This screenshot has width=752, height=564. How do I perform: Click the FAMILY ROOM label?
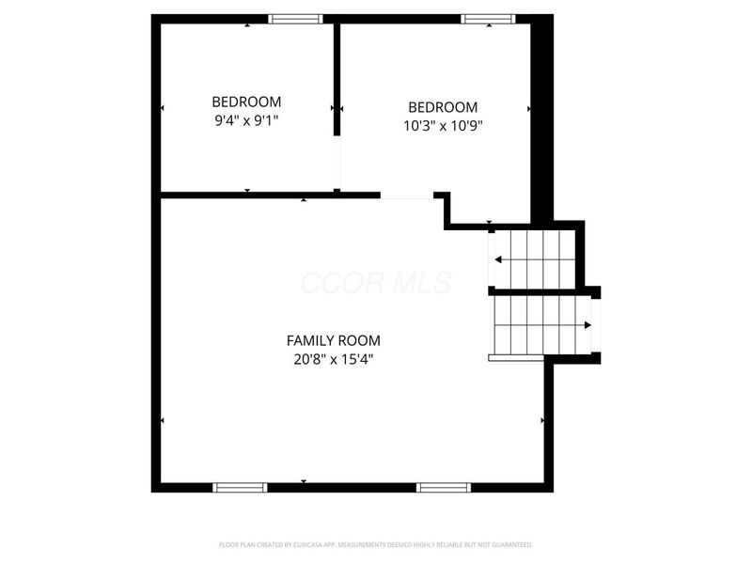(334, 341)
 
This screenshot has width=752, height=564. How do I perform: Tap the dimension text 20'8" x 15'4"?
(334, 359)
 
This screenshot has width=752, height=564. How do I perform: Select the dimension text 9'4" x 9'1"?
(246, 120)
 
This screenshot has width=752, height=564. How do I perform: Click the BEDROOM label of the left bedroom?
(246, 102)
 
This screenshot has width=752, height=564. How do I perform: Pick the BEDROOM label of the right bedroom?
(443, 107)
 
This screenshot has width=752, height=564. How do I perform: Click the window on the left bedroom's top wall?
(296, 19)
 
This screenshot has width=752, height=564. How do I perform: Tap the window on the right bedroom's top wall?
(488, 19)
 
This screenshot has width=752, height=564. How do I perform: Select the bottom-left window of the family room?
(240, 487)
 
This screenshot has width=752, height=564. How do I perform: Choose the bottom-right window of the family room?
(443, 487)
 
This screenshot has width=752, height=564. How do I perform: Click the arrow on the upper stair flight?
(499, 259)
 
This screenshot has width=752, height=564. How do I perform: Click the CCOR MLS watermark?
(376, 283)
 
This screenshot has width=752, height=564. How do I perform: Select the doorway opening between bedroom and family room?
(407, 196)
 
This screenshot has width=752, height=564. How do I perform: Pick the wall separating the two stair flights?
(536, 291)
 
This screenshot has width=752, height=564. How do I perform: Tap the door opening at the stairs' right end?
(594, 325)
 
